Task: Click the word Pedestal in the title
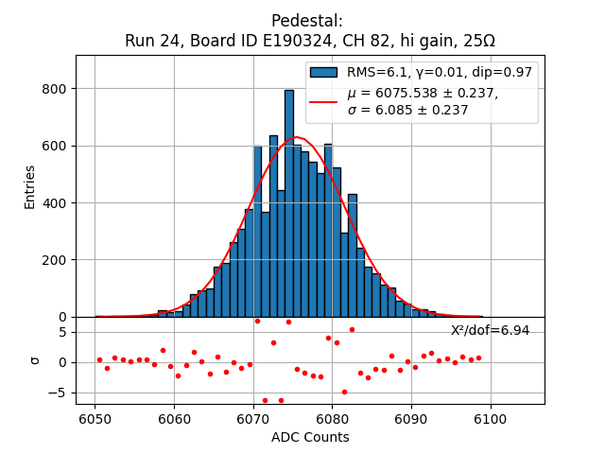click(307, 21)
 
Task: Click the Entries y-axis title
click(30, 186)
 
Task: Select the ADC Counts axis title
click(310, 437)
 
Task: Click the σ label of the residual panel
click(35, 360)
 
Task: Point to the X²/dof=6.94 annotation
click(490, 330)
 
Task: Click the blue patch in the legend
click(322, 72)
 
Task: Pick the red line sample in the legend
click(322, 100)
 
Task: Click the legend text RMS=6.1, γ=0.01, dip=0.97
click(439, 72)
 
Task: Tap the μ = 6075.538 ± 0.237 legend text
click(423, 93)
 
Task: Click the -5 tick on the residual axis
click(60, 393)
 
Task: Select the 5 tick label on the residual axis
click(62, 332)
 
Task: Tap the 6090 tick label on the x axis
click(410, 418)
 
